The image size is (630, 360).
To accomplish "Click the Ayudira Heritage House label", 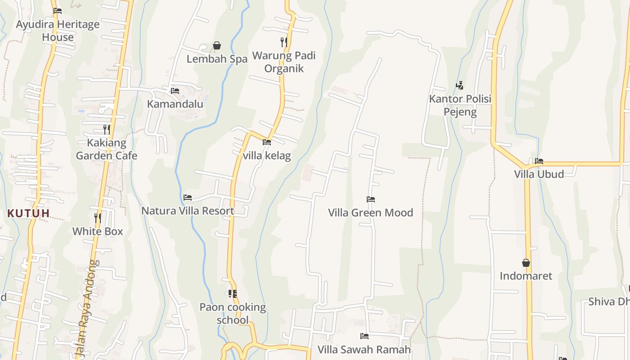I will point(58,31).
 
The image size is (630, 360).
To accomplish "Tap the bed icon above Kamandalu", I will point(175,91).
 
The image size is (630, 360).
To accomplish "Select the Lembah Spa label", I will point(217,59).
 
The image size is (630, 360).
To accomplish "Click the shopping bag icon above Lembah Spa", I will point(217,45).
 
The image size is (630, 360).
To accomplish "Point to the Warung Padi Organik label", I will point(283,62).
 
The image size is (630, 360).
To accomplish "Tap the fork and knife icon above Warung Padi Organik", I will point(284,42).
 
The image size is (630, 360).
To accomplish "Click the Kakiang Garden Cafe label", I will point(107,149).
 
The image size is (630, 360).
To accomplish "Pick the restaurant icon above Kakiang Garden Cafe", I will point(107,130).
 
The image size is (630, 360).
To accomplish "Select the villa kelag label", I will point(267,156).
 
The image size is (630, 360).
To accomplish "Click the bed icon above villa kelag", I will point(267,142).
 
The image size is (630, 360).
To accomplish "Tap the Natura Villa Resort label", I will point(188,211).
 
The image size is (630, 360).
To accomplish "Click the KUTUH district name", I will point(28,213).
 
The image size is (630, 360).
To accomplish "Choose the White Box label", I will point(98,231).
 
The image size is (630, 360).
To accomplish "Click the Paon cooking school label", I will point(233,313).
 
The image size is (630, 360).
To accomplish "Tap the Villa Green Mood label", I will point(370,212).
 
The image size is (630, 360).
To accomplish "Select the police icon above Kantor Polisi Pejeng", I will point(459,85).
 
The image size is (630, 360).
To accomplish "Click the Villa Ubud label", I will point(539,174).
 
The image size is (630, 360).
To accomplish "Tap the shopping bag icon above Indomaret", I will point(526,263).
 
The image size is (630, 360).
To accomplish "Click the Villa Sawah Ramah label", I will point(364,349).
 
